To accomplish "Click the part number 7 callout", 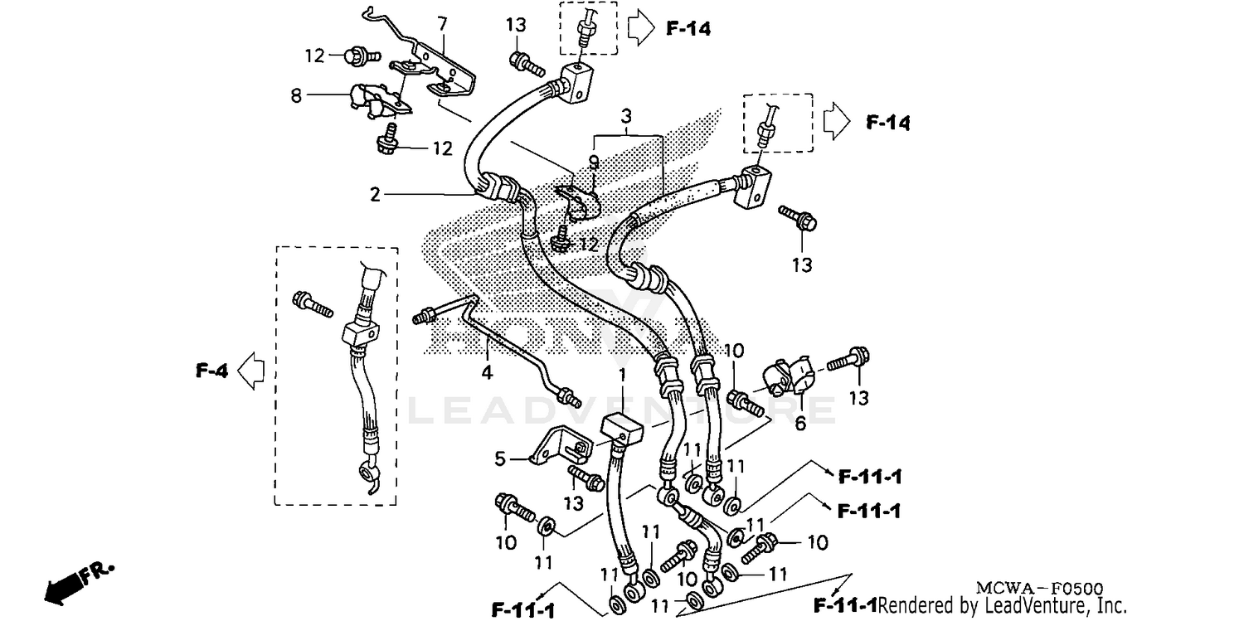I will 442,23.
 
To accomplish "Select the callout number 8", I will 296,96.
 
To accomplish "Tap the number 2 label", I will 375,195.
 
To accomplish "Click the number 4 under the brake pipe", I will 487,373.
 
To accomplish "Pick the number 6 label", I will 800,423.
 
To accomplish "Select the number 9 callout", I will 594,163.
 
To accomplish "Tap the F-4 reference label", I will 211,371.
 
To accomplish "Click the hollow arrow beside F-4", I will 251,371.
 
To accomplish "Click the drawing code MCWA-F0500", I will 1026,588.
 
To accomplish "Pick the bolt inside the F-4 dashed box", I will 312,303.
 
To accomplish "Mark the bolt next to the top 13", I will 526,62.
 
